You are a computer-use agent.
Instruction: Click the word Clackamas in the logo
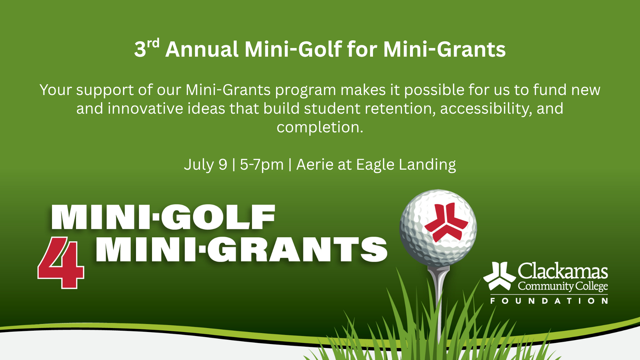(x=563, y=271)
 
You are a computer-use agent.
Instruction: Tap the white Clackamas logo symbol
(x=499, y=276)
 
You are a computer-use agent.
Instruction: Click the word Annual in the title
(x=202, y=49)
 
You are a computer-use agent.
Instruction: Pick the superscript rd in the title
(x=153, y=43)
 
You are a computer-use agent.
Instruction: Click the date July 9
(x=205, y=165)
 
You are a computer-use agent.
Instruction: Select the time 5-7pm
(x=262, y=165)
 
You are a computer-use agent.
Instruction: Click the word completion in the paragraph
(x=319, y=127)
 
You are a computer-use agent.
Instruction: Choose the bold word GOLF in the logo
(x=218, y=217)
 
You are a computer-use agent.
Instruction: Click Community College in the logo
(x=563, y=286)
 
